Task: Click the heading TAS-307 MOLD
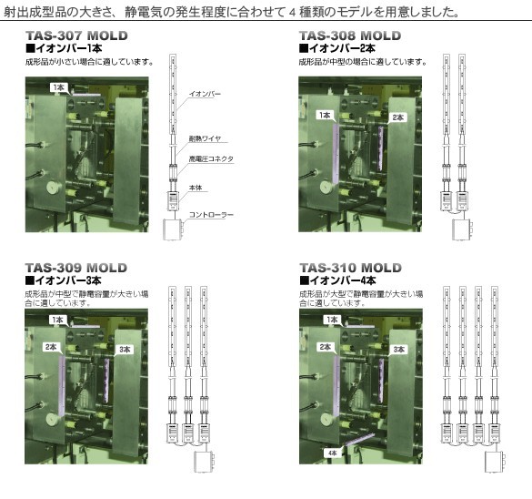pos(76,36)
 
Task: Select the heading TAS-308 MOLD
pos(350,36)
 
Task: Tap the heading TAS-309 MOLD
pos(76,268)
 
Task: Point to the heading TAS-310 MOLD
pos(350,268)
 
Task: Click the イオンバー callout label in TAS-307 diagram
pos(205,94)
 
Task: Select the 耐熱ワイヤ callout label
pos(205,138)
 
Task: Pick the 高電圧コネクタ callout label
pos(211,158)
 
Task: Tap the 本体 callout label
pos(196,188)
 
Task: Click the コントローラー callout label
pos(211,215)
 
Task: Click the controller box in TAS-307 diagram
pos(174,229)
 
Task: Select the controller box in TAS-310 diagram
pos(495,462)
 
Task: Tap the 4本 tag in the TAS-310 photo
pos(332,453)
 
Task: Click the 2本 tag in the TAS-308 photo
pos(397,117)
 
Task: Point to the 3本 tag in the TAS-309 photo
pos(125,350)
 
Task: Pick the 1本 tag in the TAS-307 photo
pos(58,87)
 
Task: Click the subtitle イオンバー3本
pos(64,280)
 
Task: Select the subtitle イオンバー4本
pos(338,280)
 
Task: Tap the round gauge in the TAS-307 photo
pos(54,188)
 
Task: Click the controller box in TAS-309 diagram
pos(205,462)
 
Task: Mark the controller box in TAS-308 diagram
pos(463,229)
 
